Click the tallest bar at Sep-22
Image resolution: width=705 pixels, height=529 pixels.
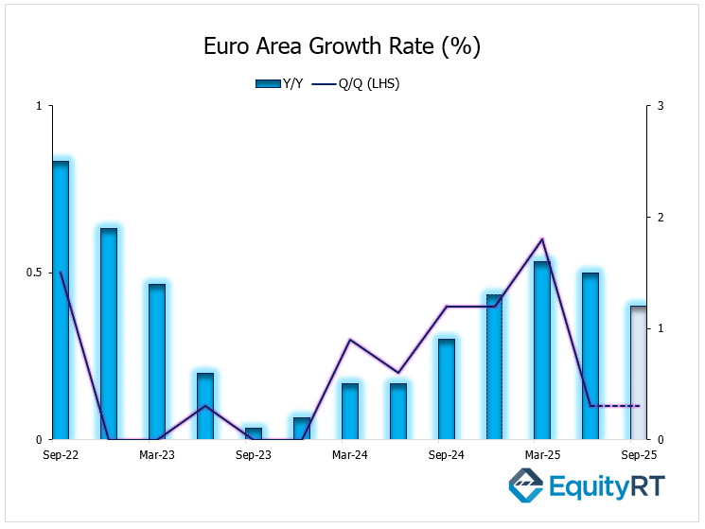click(61, 300)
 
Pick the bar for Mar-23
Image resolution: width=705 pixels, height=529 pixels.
click(157, 361)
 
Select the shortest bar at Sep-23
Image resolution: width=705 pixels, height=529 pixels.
click(254, 433)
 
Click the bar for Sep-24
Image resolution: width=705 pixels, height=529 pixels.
click(447, 389)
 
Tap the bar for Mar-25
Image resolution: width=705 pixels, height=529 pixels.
click(542, 350)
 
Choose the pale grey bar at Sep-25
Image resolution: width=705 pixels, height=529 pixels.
click(639, 373)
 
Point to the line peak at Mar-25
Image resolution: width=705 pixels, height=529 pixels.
click(542, 238)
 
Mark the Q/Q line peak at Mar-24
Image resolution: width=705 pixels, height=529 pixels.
click(350, 339)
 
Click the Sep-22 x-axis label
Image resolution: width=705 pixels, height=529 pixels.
click(61, 454)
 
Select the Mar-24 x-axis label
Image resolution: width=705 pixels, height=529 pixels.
click(350, 454)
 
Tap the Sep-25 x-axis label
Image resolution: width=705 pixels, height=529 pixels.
click(639, 454)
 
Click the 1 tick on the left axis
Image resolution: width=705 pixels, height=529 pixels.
click(39, 106)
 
